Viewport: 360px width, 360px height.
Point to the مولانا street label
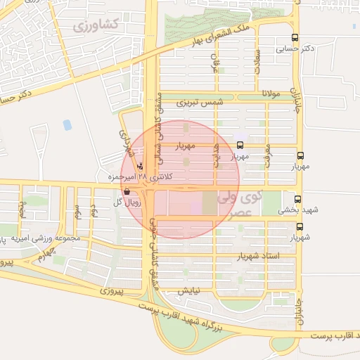pyautogui.click(x=271, y=94)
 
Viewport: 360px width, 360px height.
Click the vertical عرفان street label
pyautogui.click(x=217, y=65)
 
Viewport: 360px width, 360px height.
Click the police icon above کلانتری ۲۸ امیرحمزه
pyautogui.click(x=141, y=167)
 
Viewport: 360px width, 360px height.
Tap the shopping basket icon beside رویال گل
pyautogui.click(x=126, y=191)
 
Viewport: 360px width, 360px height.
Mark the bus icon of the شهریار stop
pyautogui.click(x=300, y=226)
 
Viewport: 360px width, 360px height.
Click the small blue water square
pyautogui.click(x=67, y=125)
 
